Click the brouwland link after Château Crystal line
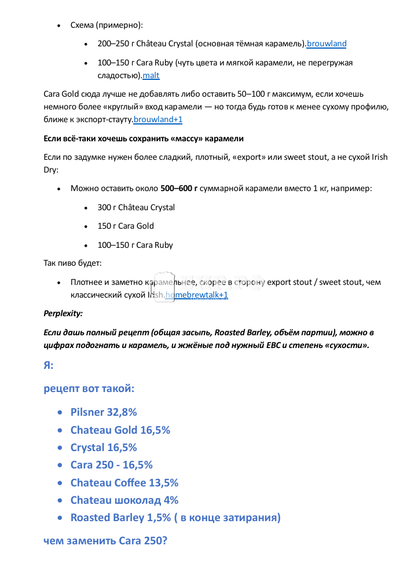point(327,43)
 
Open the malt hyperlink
point(151,75)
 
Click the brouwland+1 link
point(157,119)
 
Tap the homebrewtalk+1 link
point(197,295)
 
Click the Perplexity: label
point(63,313)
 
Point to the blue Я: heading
point(49,365)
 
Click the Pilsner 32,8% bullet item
point(104,412)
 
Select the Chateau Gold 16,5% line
point(120,430)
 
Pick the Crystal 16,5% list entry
point(104,447)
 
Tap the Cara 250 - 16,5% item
point(111,464)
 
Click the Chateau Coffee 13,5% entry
point(124,482)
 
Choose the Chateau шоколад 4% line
point(124,500)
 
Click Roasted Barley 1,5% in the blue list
point(175,517)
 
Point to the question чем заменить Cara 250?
point(105,541)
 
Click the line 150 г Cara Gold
point(126,226)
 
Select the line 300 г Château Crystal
point(136,207)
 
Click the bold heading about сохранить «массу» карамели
point(144,138)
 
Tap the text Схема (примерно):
point(107,25)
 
